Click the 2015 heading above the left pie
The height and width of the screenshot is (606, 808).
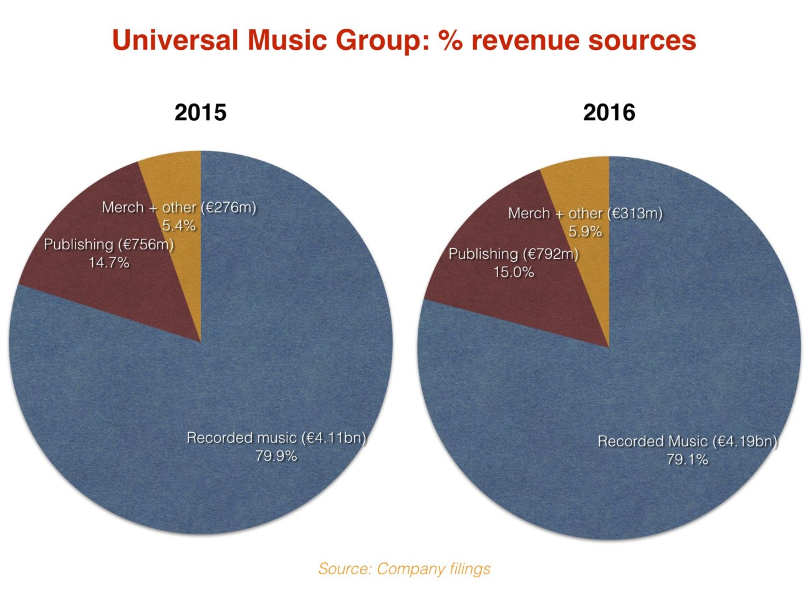(200, 113)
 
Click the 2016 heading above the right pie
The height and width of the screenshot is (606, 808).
(608, 113)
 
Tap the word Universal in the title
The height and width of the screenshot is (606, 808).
(175, 41)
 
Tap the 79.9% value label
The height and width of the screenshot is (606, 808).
(276, 456)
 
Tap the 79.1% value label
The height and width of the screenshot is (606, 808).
(687, 459)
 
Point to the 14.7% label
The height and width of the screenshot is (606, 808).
(108, 262)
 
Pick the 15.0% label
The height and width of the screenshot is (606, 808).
(514, 272)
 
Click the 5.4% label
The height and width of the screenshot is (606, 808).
(179, 225)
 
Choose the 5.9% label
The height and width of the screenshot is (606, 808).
(585, 231)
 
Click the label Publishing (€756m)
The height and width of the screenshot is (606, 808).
(108, 244)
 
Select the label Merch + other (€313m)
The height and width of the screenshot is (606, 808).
(585, 213)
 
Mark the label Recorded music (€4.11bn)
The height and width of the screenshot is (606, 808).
(276, 438)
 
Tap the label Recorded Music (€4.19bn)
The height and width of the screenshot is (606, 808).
(687, 441)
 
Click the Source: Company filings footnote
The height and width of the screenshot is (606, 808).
(404, 569)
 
